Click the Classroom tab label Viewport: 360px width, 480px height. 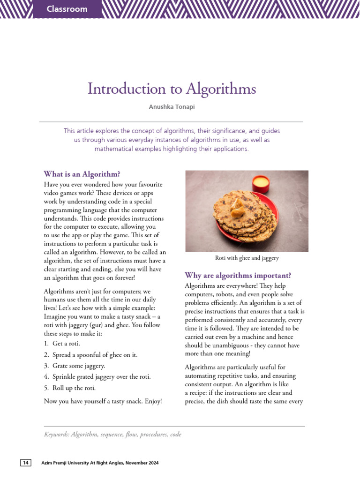pos(67,9)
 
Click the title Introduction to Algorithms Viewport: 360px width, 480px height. pos(172,89)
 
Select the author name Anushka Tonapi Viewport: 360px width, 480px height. pos(172,107)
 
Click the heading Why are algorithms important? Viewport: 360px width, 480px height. pos(238,275)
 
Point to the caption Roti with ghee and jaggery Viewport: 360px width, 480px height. pos(247,258)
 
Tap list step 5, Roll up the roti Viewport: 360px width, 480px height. pos(74,388)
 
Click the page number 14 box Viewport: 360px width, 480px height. pos(25,463)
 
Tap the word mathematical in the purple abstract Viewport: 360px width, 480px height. pos(114,149)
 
